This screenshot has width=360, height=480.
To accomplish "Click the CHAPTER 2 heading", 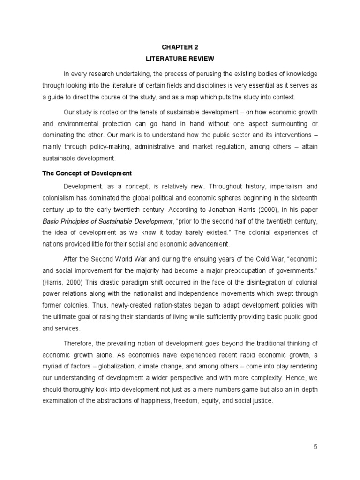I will (x=180, y=47).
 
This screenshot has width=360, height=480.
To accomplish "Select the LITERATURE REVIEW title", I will (x=180, y=59).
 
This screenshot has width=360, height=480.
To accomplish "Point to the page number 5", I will (x=316, y=447).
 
